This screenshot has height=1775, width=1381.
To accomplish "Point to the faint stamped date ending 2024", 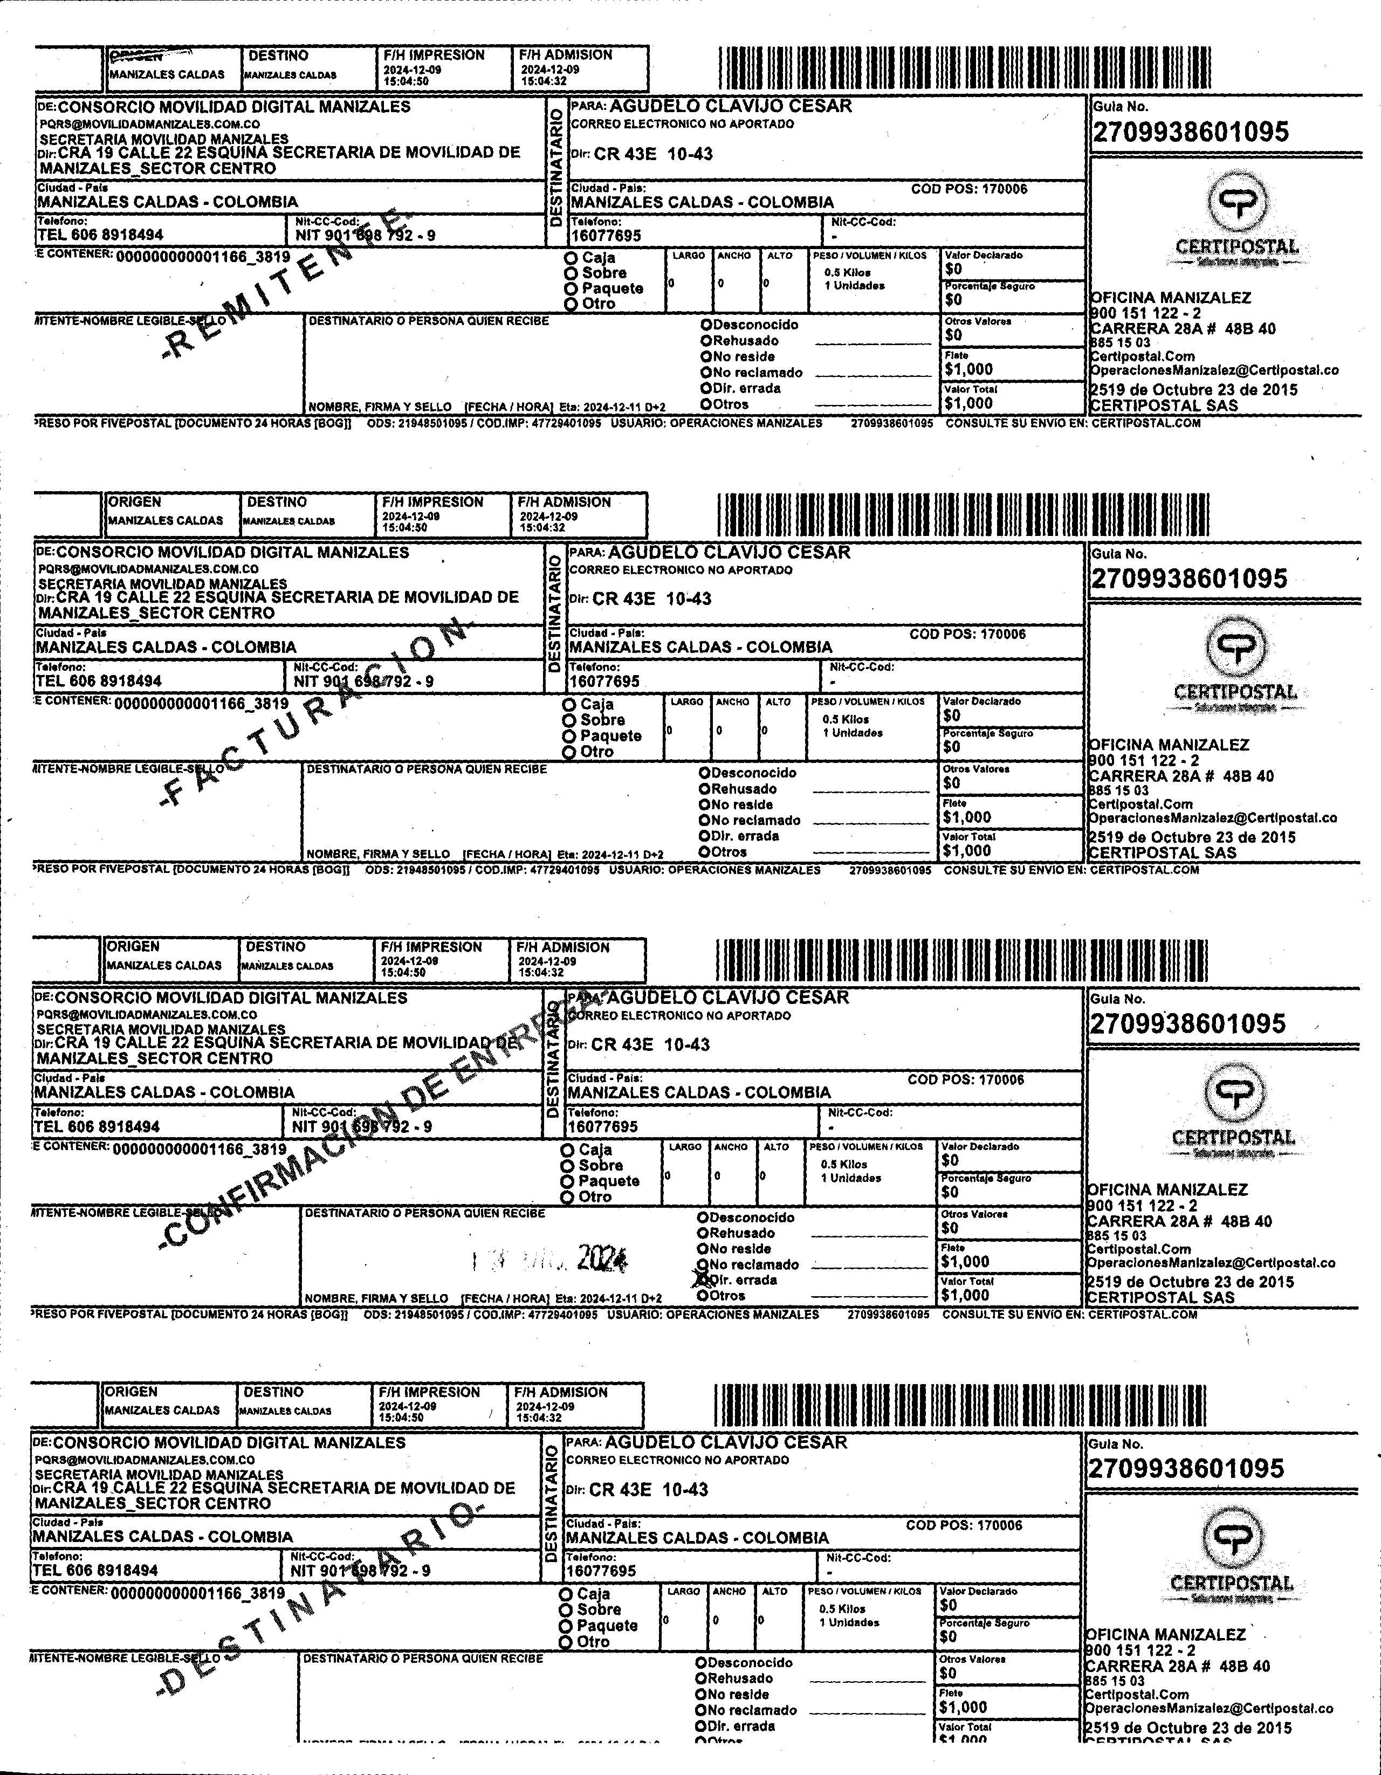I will coord(553,1259).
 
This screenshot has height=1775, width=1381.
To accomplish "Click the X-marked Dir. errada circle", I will coord(702,1279).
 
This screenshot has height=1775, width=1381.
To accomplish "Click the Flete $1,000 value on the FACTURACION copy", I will coord(967,817).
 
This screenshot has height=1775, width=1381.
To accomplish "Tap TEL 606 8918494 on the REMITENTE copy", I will coord(100,235).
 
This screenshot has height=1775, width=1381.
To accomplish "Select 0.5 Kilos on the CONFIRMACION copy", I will coord(844,1164).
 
